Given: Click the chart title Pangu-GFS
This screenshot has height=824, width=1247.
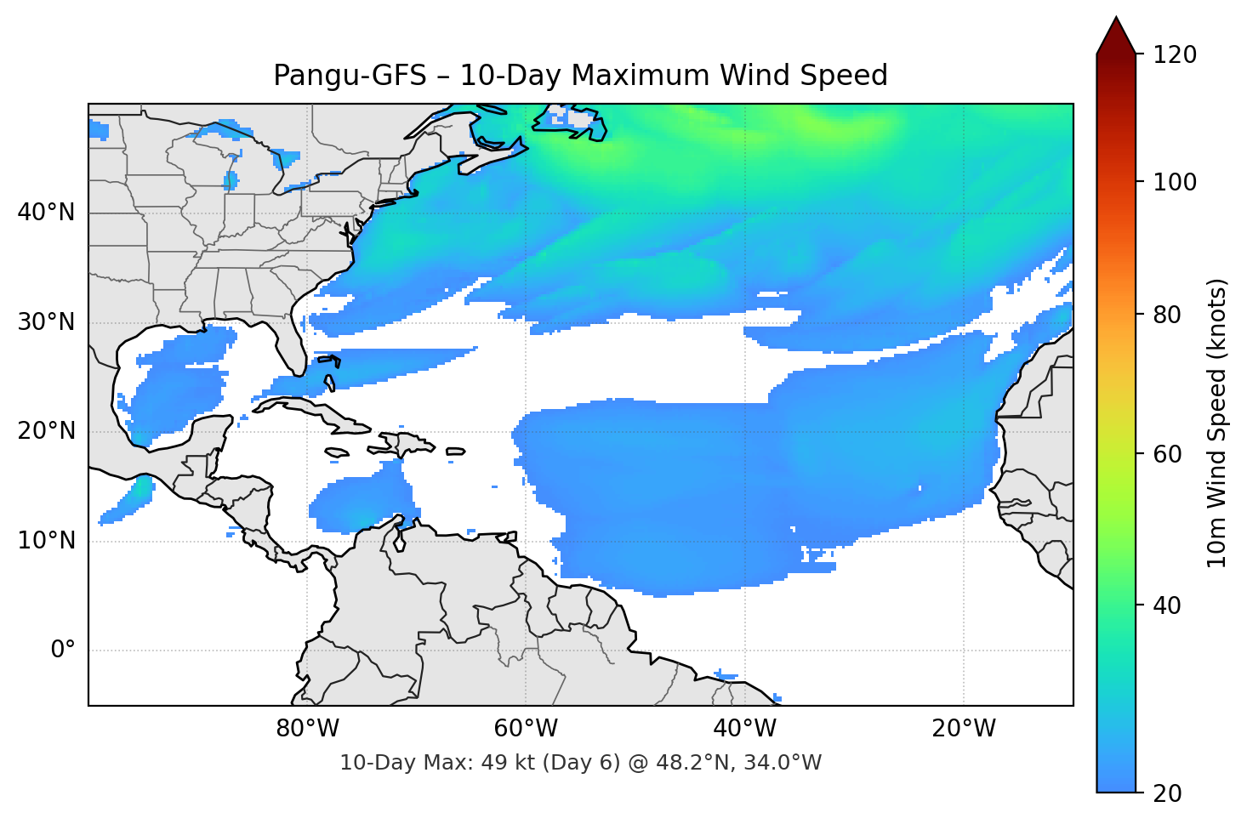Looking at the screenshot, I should [x=580, y=76].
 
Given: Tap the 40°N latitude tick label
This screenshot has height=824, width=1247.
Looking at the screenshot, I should [x=46, y=213].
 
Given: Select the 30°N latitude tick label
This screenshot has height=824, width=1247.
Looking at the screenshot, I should [x=46, y=322].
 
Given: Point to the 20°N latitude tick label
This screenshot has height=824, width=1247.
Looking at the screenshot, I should [x=46, y=431].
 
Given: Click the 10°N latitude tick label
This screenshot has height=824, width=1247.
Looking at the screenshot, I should [x=46, y=541].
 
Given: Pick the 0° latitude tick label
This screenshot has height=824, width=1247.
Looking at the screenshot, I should [x=63, y=651].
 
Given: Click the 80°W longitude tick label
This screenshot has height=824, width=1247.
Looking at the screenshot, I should [x=307, y=729].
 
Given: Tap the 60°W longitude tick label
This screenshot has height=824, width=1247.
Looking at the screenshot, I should [x=526, y=729].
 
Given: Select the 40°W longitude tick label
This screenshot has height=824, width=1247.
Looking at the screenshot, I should [x=744, y=729].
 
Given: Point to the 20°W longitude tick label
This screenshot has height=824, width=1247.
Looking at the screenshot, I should [x=963, y=729].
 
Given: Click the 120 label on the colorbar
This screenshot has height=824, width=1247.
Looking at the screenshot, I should [x=1175, y=55].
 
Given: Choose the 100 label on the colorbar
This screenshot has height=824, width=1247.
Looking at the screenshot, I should [x=1175, y=182].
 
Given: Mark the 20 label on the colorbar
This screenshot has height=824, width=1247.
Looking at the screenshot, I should [x=1167, y=793].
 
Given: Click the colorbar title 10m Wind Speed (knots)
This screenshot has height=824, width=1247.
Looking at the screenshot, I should [x=1217, y=423].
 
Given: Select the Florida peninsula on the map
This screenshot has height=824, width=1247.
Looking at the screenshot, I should [x=289, y=344].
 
